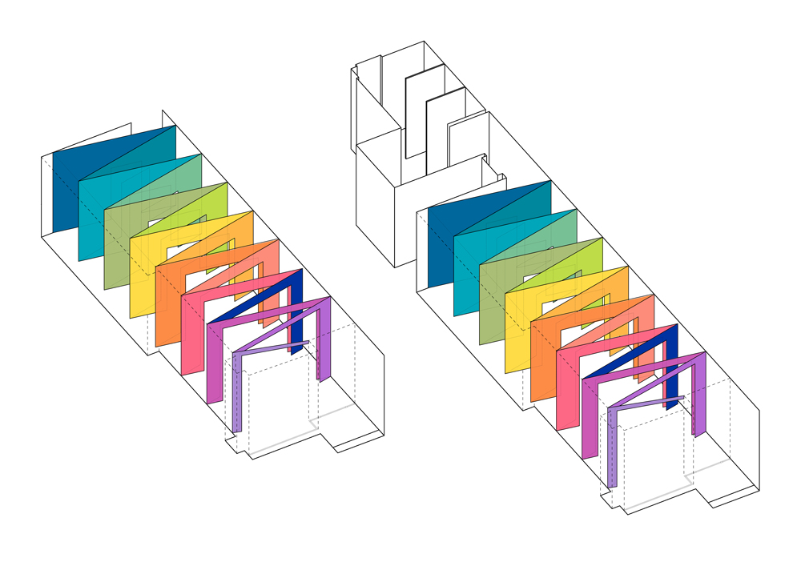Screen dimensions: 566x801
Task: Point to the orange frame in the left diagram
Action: pyautogui.click(x=166, y=304)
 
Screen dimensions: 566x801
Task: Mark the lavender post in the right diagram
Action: pyautogui.click(x=612, y=448)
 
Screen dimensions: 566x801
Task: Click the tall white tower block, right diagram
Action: pyautogui.click(x=376, y=200)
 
